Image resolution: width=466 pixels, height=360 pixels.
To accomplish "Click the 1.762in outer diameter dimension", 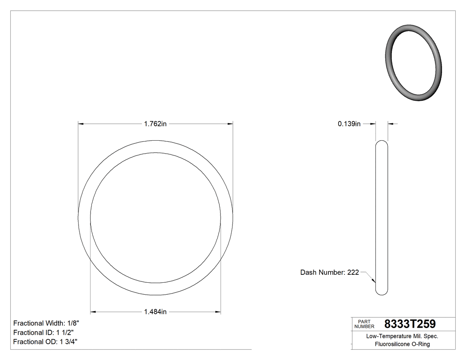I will [155, 124].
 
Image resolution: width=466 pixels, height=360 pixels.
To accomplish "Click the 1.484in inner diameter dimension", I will [155, 312].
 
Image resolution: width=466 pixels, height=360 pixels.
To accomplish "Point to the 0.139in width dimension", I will [349, 124].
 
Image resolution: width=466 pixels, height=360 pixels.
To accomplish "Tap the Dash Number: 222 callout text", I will [329, 272].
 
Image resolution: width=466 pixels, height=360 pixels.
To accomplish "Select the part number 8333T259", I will [410, 324].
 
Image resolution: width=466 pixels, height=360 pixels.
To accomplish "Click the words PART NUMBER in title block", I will [364, 324].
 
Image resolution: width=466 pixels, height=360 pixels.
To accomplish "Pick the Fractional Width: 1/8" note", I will [46, 323].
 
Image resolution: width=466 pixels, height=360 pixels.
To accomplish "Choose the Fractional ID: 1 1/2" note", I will [43, 332].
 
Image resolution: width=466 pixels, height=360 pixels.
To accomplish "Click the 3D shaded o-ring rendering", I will [413, 62].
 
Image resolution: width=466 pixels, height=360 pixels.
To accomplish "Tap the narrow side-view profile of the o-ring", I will [382, 218].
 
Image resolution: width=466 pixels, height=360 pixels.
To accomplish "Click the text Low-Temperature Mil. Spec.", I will [402, 336].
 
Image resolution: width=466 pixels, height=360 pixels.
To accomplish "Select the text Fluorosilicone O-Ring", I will [402, 344].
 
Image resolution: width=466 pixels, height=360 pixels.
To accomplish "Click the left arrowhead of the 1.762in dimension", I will [81, 124].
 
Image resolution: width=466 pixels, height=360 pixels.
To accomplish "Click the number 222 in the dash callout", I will [353, 272].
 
